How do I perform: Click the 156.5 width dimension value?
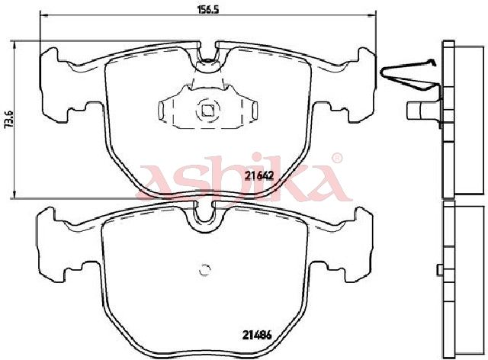point(208,9)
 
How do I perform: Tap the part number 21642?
point(258,176)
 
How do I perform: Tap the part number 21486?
point(257,335)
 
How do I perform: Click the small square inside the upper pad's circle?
point(207,111)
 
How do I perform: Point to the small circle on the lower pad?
point(204,270)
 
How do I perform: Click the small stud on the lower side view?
point(440,270)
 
